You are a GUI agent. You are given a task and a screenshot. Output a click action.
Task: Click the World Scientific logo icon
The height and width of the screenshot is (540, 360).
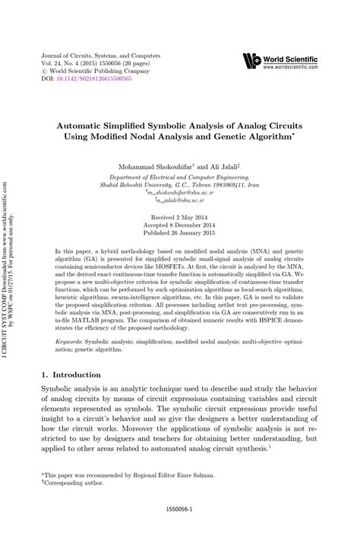(251, 62)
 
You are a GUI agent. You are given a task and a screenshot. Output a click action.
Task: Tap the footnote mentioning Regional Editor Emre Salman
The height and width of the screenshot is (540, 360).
(120, 473)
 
